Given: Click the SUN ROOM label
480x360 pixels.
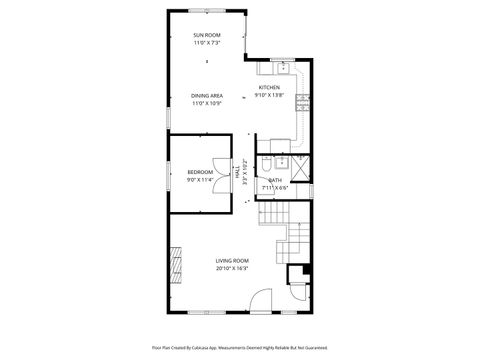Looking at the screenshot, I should pos(207,35).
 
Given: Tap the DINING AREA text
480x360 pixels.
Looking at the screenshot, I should pos(207,96).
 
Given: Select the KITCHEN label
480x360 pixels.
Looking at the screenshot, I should pos(270,87).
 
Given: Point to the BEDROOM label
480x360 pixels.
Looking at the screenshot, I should pos(200,172).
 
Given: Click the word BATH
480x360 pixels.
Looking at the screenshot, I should pos(275,180).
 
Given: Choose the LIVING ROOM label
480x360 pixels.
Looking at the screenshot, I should pos(232,261).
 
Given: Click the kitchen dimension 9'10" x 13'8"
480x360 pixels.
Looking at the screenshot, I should pos(270,95).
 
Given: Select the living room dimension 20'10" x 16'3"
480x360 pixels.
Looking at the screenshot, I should pos(232,269).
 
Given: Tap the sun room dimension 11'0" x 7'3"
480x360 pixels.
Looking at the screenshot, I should pos(207,43).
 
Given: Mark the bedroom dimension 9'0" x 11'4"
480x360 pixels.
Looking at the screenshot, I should pos(200,180).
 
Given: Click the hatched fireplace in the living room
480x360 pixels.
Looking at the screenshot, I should pos(176,263).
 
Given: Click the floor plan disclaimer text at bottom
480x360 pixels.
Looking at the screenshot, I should pos(240,347).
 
